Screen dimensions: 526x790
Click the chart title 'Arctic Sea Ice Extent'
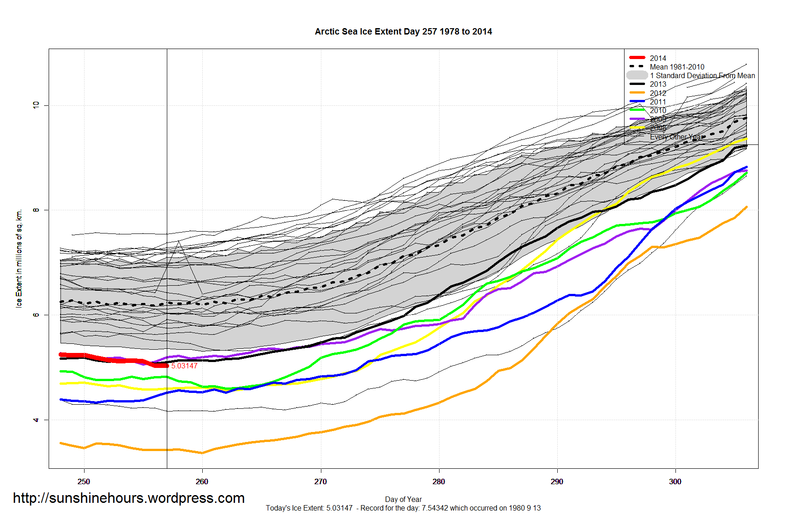(x=403, y=32)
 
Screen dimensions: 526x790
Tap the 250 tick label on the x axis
(x=84, y=481)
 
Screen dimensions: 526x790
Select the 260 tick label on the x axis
(x=202, y=481)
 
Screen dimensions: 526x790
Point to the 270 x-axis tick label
(x=320, y=481)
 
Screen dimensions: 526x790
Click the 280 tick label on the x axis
(x=439, y=481)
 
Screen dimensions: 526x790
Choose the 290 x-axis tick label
(x=557, y=481)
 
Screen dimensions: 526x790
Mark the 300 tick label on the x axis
(x=675, y=481)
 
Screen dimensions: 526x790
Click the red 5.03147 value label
(x=184, y=366)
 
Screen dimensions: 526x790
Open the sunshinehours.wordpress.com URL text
(x=129, y=498)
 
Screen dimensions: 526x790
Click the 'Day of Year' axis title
(x=403, y=500)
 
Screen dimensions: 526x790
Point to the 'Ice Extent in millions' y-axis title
(x=19, y=258)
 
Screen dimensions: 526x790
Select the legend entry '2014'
(x=658, y=58)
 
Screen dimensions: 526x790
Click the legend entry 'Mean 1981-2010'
(x=677, y=67)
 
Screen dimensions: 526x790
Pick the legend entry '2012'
(x=658, y=93)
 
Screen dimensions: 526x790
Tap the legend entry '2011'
(x=658, y=102)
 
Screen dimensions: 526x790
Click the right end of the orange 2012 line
(x=746, y=207)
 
